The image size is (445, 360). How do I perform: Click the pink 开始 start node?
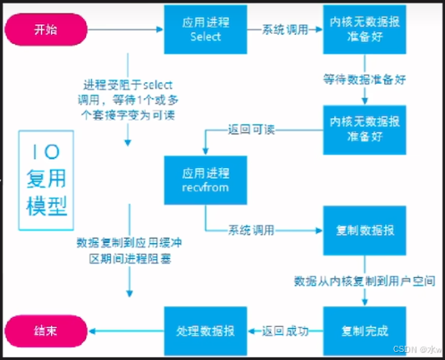pyautogui.click(x=46, y=29)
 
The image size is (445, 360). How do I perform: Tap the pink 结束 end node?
pyautogui.click(x=46, y=331)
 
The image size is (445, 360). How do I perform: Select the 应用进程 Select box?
pyautogui.click(x=206, y=29)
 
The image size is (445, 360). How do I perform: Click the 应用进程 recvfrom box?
pyautogui.click(x=206, y=180)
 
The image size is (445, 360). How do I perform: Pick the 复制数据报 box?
pyautogui.click(x=365, y=230)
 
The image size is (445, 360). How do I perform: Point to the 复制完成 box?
pyautogui.click(x=365, y=331)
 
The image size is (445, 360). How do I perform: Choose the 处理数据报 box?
pyautogui.click(x=206, y=331)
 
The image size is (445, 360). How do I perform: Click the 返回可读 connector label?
pyautogui.click(x=251, y=130)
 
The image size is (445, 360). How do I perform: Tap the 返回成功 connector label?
pyautogui.click(x=285, y=331)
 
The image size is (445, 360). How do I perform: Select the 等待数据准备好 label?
pyautogui.click(x=365, y=80)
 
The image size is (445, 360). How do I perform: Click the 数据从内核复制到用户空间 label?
pyautogui.click(x=365, y=280)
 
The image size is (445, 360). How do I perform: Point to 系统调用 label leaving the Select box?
pyautogui.click(x=285, y=29)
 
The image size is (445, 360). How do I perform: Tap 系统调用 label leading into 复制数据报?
pyautogui.click(x=251, y=230)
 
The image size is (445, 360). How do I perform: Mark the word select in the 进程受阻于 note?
pyautogui.click(x=157, y=85)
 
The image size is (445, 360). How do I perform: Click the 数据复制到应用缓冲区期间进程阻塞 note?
pyautogui.click(x=130, y=250)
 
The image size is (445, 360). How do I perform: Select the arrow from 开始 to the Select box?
pyautogui.click(x=125, y=29)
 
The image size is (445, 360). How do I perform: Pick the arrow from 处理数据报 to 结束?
pyautogui.click(x=126, y=331)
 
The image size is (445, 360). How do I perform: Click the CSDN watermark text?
pyautogui.click(x=417, y=349)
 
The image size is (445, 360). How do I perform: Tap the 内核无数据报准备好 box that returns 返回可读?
pyautogui.click(x=365, y=130)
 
